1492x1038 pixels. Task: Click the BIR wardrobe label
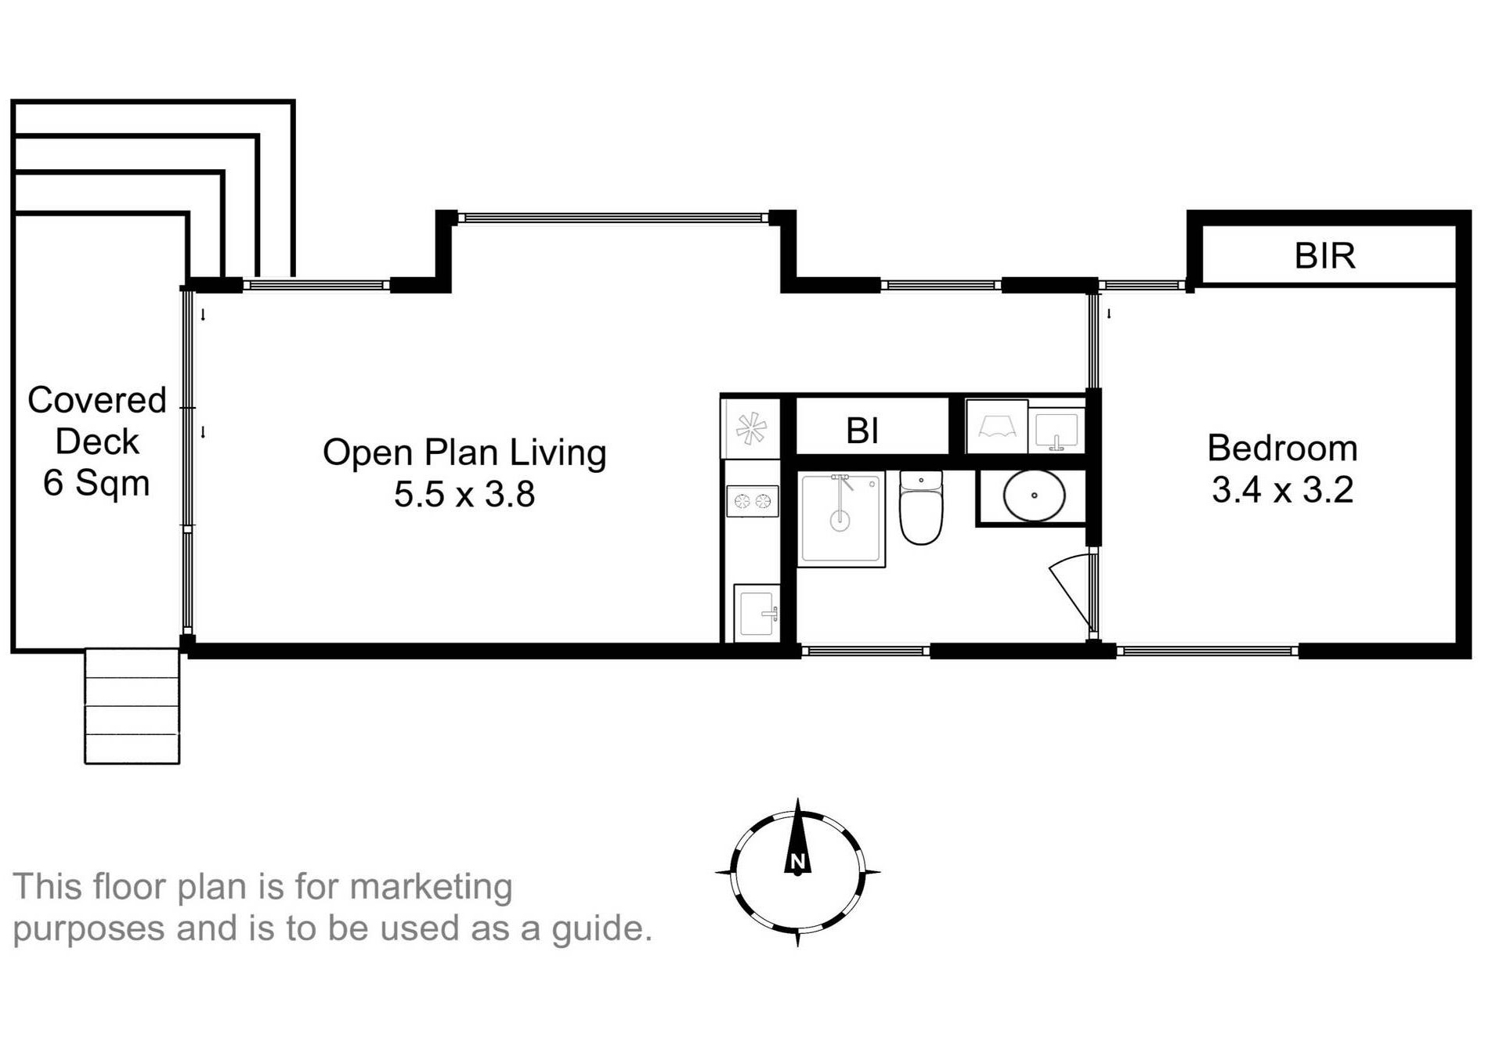1324,256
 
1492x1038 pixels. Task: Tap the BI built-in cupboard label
862,431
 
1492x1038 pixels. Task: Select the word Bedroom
1282,449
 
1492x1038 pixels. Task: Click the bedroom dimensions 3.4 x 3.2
1282,490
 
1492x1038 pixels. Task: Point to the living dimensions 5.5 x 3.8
464,495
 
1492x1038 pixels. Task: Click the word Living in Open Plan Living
558,453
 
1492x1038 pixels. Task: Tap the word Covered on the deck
97,400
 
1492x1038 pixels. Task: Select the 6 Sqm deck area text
96,483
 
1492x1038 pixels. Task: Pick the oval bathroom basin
1034,496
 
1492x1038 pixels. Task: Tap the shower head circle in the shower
840,520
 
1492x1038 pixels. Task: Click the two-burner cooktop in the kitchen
752,501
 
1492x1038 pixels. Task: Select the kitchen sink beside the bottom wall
757,613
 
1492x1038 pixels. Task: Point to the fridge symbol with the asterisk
750,429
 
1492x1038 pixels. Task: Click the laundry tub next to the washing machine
1057,431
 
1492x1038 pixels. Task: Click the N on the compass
797,862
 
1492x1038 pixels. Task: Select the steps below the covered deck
132,705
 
